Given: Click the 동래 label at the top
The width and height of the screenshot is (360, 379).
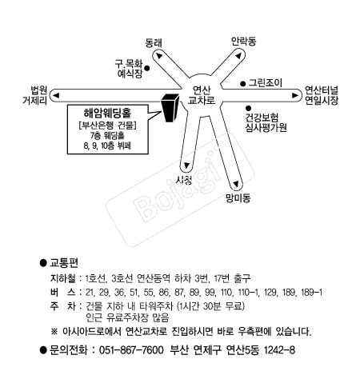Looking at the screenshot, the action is click(x=154, y=43).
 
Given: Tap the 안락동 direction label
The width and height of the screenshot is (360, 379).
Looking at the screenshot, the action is click(x=243, y=42).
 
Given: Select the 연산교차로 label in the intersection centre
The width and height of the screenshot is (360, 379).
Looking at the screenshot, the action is click(x=202, y=95).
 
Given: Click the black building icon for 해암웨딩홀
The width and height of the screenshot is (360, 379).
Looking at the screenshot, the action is click(x=170, y=108).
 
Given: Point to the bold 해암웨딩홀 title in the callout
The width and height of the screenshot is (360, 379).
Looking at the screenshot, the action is click(x=108, y=113).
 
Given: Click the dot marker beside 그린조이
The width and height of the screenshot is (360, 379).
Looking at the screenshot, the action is click(x=242, y=84).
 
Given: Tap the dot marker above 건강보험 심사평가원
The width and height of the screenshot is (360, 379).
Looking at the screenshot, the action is click(x=248, y=108).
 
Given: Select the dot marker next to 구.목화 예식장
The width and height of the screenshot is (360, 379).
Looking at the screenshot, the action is click(x=146, y=68).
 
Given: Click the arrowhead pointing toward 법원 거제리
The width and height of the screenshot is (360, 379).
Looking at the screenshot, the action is click(x=56, y=95).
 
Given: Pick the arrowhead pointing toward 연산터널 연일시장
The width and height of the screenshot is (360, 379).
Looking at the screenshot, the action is click(x=295, y=95).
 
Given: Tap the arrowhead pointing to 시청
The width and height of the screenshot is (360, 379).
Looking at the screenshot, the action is click(x=186, y=166).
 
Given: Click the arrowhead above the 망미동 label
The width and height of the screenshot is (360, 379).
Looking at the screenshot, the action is click(x=236, y=184).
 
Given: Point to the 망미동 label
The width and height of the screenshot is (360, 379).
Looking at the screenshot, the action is click(x=238, y=197).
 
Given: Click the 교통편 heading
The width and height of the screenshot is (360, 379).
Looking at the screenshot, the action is click(x=64, y=263).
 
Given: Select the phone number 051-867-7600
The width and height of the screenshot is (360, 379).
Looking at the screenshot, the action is click(x=131, y=350).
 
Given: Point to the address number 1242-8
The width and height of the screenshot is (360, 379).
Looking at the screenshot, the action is click(x=279, y=350).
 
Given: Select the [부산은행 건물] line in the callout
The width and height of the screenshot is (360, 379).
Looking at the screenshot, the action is click(x=108, y=126).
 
